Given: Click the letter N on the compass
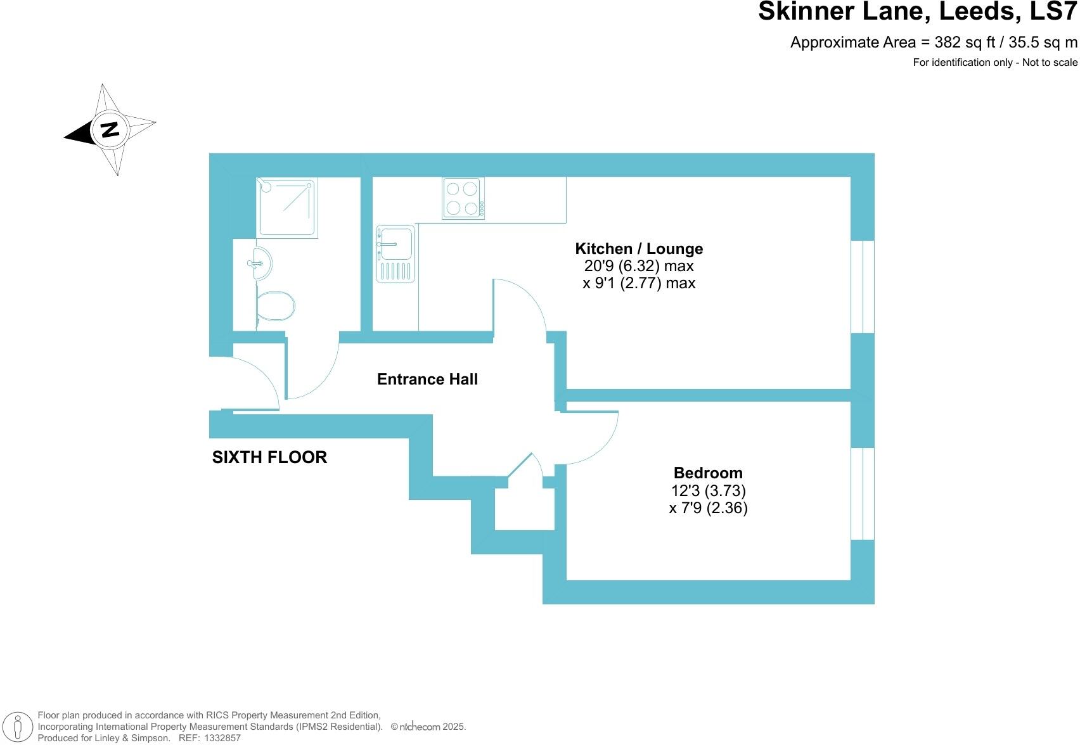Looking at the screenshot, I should click(110, 130).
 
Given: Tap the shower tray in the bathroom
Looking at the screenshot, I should click(286, 207).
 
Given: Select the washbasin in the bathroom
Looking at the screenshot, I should click(260, 264).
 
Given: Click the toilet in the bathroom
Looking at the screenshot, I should click(276, 307).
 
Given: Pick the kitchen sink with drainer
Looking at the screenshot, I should click(395, 253).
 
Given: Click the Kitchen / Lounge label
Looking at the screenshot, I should click(638, 249).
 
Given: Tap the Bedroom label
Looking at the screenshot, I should click(708, 473).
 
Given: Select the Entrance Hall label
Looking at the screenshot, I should click(427, 379).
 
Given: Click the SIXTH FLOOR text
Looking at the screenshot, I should click(269, 457).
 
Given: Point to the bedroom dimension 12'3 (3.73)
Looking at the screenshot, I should click(708, 491).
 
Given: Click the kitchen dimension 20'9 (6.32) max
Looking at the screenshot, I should click(638, 266).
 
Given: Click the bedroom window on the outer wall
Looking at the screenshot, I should click(863, 494).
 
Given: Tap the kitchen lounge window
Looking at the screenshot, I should click(863, 287).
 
